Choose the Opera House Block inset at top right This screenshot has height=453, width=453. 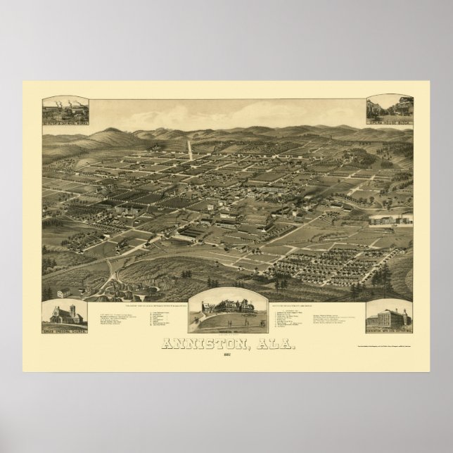pyautogui.click(x=389, y=108)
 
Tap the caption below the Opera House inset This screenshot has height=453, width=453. pyautogui.click(x=389, y=123)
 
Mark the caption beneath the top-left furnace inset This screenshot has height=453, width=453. pyautogui.click(x=64, y=125)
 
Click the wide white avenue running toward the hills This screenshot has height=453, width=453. pyautogui.click(x=189, y=148)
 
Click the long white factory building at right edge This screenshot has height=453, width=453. pyautogui.click(x=390, y=220)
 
